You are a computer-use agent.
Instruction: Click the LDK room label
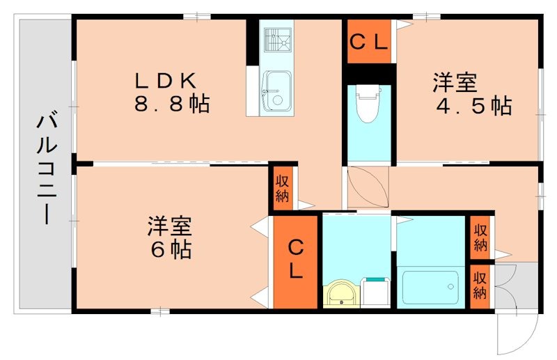pos(167,79)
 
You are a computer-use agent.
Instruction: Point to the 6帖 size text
pos(169,249)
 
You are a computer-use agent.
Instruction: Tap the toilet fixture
pos(367,103)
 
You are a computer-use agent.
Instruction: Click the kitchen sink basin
pos(276,91)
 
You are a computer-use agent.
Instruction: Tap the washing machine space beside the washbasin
pos(376,292)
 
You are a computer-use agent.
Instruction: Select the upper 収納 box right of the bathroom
pos(480,237)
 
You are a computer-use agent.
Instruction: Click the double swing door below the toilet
pos(369,187)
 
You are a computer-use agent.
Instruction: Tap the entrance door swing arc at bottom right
pos(519,333)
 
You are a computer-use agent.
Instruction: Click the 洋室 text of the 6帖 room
pos(169,226)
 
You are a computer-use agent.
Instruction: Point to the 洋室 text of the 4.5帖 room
pos(455,82)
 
